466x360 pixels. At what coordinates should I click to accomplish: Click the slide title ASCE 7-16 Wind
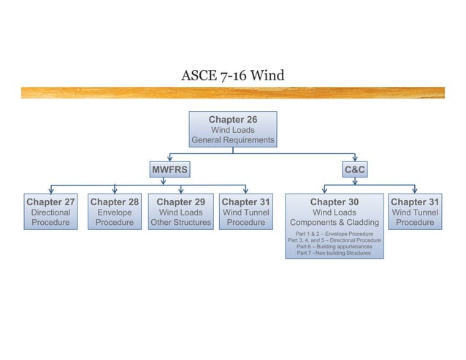(232, 76)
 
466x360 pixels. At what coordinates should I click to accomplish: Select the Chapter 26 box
(232, 129)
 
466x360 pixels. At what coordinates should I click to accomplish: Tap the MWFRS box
(169, 170)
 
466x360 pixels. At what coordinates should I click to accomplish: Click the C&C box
(355, 170)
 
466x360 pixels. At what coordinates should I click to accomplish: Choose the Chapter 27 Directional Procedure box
(50, 212)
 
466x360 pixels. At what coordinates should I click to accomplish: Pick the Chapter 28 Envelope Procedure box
(115, 212)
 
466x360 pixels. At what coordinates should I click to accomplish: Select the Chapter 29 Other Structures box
(180, 212)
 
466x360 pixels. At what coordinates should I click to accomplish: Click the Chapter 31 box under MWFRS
(245, 212)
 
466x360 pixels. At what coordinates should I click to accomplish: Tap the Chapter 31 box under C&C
(415, 212)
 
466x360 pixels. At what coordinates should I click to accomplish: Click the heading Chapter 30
(335, 202)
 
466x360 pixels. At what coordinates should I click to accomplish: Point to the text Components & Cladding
(335, 223)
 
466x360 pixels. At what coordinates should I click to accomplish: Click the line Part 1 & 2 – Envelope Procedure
(335, 234)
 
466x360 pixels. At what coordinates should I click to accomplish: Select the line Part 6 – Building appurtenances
(335, 247)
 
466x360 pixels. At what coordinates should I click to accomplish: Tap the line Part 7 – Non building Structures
(335, 253)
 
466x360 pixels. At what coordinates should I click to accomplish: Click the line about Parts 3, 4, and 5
(335, 240)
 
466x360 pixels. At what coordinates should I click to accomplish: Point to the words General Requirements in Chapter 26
(232, 140)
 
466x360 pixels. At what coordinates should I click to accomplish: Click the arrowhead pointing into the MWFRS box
(169, 158)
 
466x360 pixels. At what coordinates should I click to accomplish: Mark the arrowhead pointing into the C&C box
(355, 158)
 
